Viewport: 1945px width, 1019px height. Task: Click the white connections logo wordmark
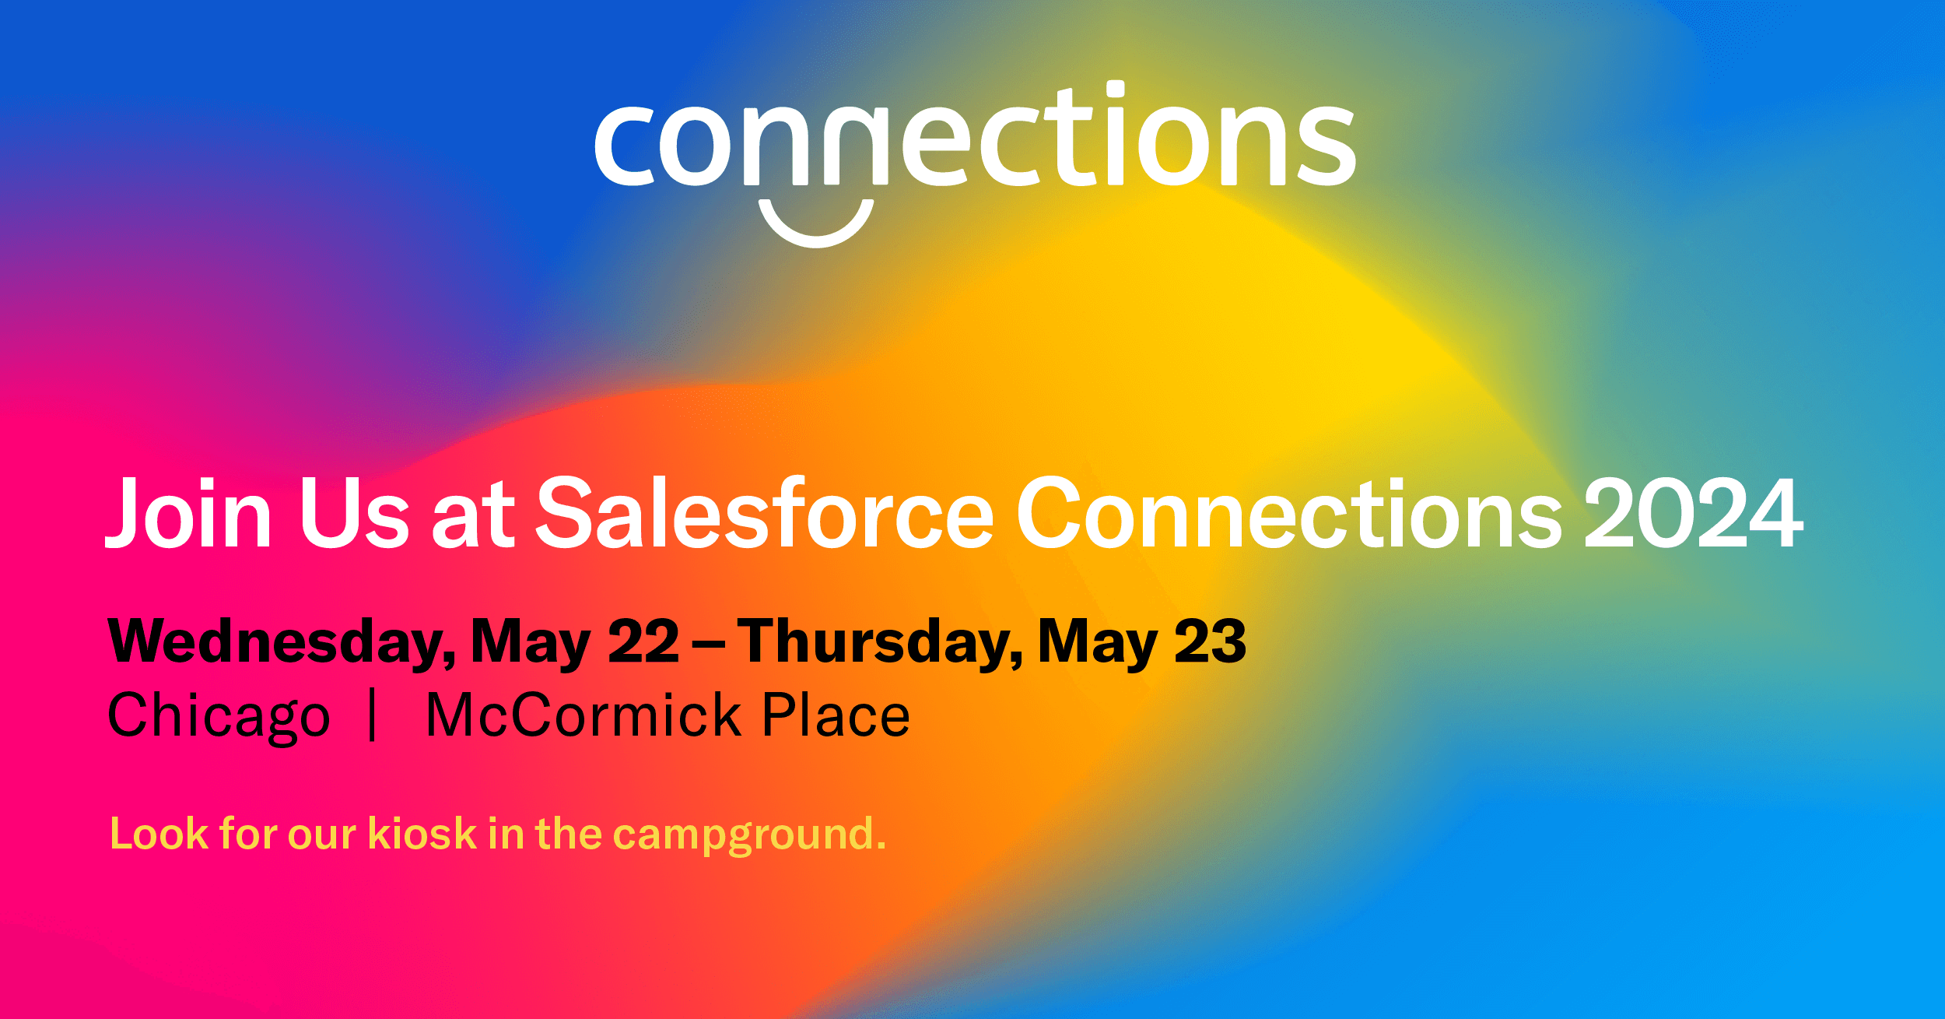point(975,134)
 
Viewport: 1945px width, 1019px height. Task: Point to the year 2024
point(1694,512)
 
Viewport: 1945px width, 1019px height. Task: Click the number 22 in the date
point(643,642)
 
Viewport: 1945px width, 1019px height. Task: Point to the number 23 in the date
point(1211,642)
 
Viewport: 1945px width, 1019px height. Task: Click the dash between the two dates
point(709,645)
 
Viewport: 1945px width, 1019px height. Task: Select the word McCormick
point(584,715)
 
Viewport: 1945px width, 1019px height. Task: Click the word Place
point(836,715)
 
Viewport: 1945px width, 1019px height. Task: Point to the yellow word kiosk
point(422,834)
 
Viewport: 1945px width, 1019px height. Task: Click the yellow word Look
point(159,834)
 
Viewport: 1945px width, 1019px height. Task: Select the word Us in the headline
point(354,512)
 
